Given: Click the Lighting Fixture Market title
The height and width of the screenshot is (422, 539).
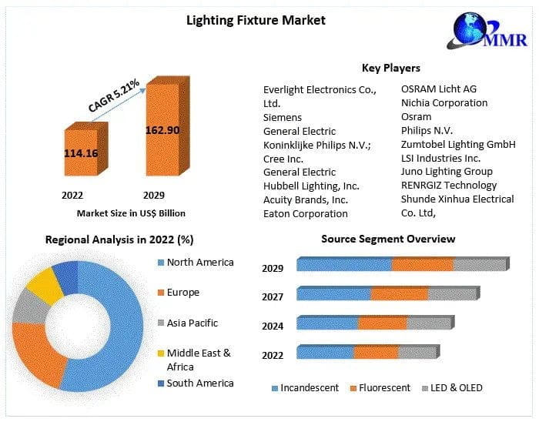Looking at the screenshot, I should pos(256,19).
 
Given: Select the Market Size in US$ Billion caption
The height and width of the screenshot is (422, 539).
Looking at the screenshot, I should pos(131,213).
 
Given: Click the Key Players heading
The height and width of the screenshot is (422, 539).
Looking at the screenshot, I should pos(390,68).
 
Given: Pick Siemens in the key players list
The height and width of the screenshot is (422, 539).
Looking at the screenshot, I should pos(283,117).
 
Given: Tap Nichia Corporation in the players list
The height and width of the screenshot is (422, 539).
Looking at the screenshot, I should pos(444,103).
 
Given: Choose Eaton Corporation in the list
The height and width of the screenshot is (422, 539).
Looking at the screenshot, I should pos(305,213).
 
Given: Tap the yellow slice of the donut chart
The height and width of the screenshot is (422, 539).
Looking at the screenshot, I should pos(44,284).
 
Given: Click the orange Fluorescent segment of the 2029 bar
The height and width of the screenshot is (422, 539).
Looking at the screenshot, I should pos(421,265).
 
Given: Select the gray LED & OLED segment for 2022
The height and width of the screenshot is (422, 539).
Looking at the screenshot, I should pos(417,353).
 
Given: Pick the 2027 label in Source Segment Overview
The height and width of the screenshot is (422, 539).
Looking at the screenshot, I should pos(273,297).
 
